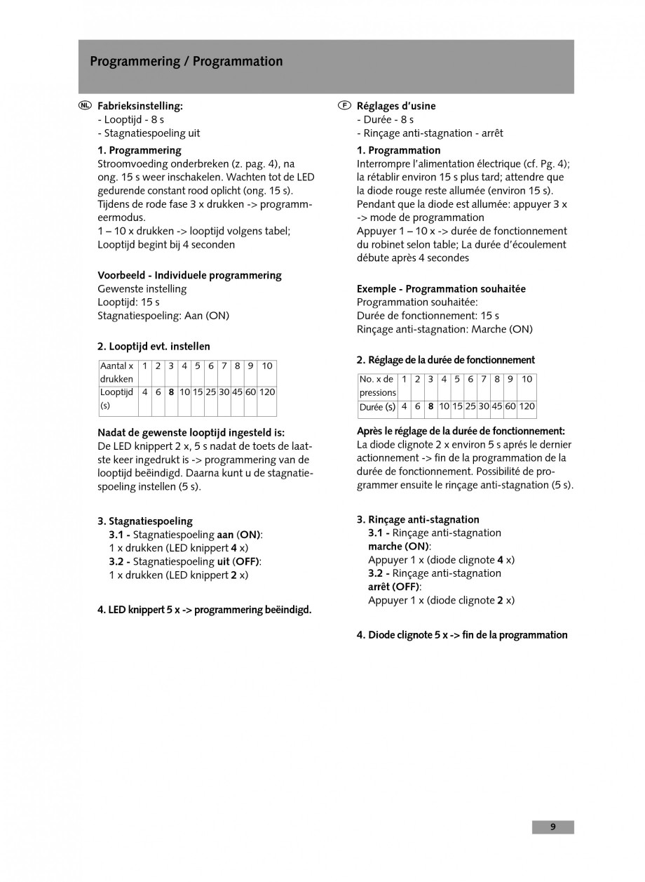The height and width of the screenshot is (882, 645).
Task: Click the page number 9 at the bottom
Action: tap(552, 827)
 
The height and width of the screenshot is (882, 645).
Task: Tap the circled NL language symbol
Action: tap(85, 106)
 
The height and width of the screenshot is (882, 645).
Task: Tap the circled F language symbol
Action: tap(344, 106)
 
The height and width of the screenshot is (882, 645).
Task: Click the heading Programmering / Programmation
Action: tap(186, 62)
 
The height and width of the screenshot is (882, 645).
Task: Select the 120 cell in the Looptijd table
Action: tap(267, 392)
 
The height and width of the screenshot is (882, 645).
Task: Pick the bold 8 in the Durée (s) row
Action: tap(430, 406)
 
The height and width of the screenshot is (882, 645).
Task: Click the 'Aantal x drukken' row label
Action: tap(117, 372)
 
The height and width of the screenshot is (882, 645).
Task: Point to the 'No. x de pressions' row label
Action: tap(377, 385)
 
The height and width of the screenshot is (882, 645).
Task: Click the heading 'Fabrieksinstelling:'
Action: tap(140, 106)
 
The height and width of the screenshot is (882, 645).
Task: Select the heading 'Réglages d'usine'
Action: tap(396, 106)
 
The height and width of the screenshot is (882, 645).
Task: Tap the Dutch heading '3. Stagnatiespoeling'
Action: tap(145, 521)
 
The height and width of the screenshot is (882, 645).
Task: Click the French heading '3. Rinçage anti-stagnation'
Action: tap(418, 519)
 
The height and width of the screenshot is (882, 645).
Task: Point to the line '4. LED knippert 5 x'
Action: tap(204, 610)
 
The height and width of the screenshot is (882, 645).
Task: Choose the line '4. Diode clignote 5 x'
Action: tap(462, 635)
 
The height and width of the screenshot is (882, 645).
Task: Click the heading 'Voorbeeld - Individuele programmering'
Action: tap(189, 275)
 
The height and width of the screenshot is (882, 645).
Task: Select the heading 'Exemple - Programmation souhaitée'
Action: tap(441, 288)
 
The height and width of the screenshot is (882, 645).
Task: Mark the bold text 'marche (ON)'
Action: tap(399, 546)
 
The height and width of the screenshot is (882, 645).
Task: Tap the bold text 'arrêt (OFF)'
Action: tap(394, 587)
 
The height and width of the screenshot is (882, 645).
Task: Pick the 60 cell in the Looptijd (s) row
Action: tap(250, 392)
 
